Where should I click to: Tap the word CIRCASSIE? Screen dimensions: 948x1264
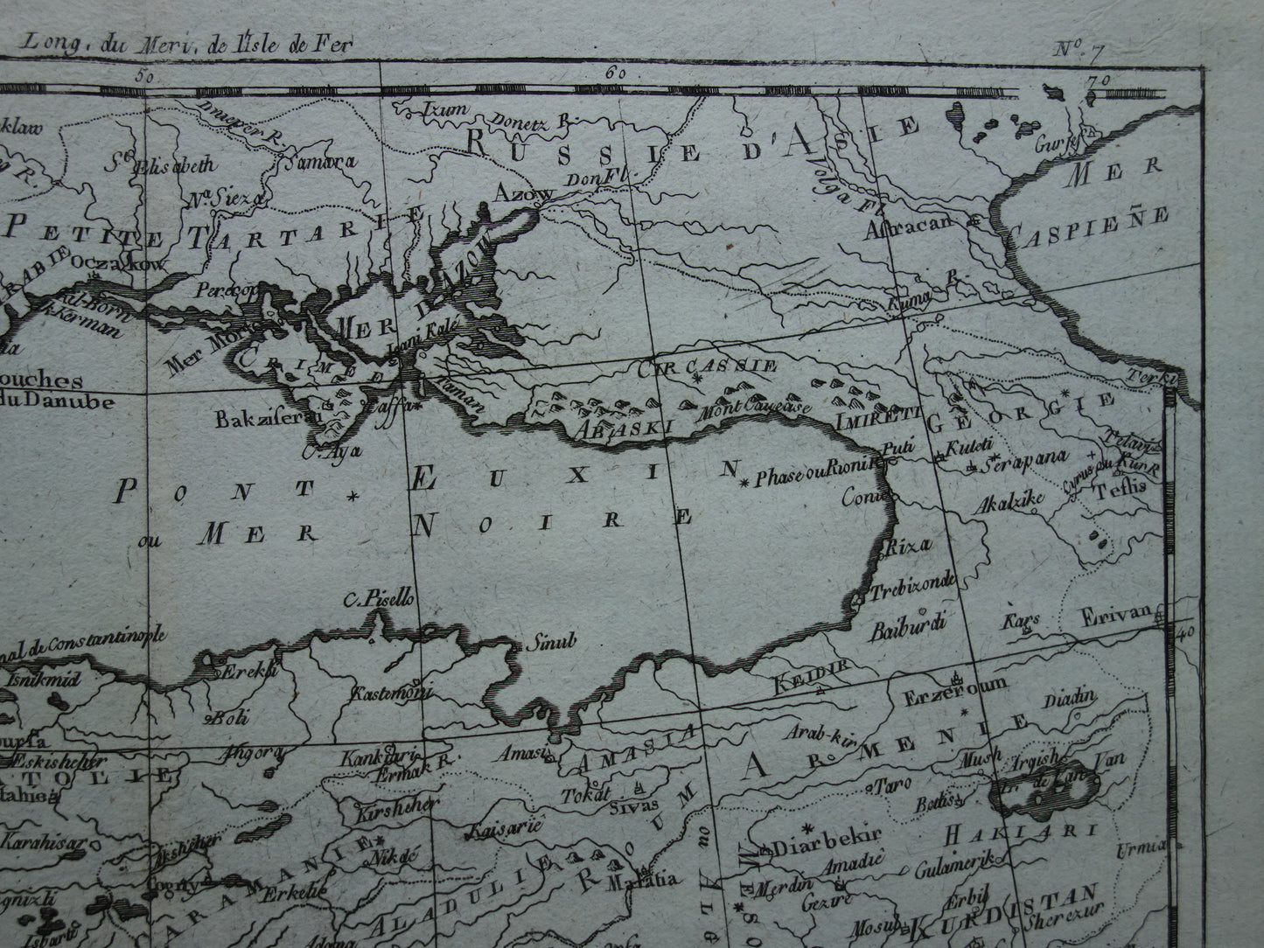pyautogui.click(x=709, y=366)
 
